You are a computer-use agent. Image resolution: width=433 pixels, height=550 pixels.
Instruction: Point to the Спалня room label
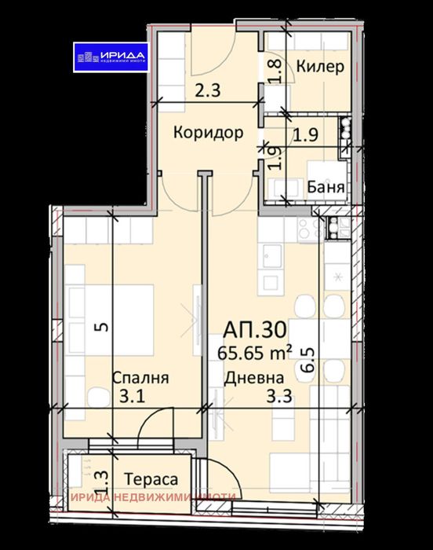click(x=140, y=378)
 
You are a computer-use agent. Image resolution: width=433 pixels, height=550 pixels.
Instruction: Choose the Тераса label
click(x=151, y=477)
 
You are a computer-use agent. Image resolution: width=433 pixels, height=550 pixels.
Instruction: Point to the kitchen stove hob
click(x=303, y=228)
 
